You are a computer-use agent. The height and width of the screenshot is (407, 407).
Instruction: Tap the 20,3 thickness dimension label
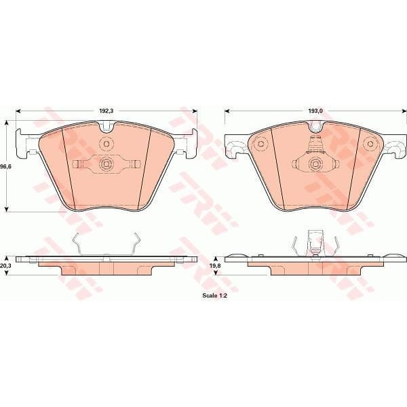coord(7,267)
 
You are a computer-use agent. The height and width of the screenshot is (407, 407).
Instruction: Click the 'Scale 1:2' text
coord(214,296)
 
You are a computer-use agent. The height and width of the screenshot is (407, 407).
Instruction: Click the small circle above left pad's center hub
coord(106,144)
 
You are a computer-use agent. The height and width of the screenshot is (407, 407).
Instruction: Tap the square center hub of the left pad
coord(106,163)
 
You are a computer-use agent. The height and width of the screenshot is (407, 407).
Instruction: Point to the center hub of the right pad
coord(313,163)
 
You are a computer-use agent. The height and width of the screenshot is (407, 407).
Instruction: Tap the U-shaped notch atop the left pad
coord(106,126)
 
